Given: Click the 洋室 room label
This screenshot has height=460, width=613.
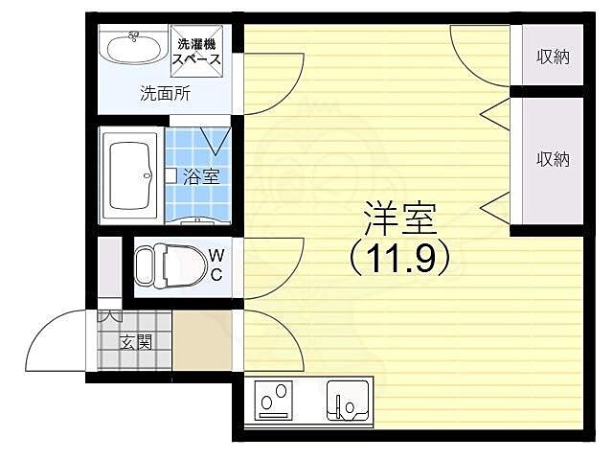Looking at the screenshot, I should [x=398, y=221].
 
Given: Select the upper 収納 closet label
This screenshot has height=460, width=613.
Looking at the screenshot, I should [x=553, y=57].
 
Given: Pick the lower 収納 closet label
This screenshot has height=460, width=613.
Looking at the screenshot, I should [x=553, y=158].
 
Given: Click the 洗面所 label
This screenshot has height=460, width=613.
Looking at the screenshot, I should [x=165, y=94].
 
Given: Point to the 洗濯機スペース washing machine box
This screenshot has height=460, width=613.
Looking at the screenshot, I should [x=197, y=51].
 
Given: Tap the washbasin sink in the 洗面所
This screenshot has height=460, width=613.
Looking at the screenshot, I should [x=133, y=48].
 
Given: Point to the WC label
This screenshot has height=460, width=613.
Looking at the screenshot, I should [x=216, y=264].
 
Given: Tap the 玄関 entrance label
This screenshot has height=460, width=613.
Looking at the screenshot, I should [x=135, y=340].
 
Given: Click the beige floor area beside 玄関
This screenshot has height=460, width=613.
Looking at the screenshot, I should [x=201, y=340].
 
